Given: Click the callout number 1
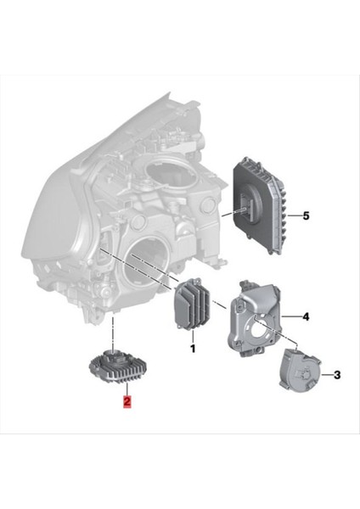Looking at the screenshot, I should [192, 347].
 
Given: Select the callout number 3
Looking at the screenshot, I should [336, 373].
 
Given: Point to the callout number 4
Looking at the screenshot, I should [305, 317].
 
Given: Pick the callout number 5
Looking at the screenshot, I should [305, 216].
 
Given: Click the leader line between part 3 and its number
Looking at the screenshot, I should [323, 373].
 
